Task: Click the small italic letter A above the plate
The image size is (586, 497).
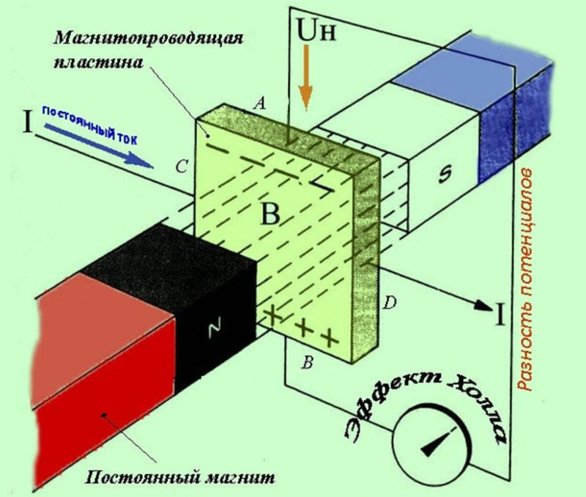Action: [x=257, y=104]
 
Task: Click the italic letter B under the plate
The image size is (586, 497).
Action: [x=309, y=363]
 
